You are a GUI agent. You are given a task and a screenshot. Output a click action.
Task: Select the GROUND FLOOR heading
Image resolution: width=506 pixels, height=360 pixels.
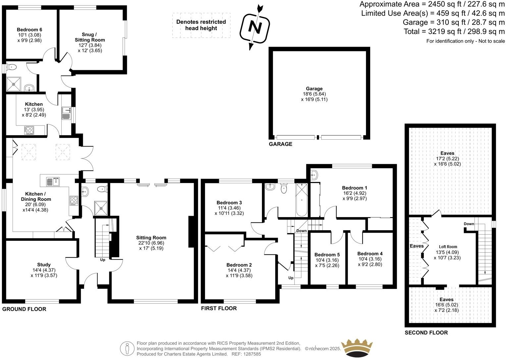click(x=24, y=309)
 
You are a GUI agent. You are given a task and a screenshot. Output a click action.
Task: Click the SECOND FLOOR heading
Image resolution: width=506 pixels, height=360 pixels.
click(x=426, y=333)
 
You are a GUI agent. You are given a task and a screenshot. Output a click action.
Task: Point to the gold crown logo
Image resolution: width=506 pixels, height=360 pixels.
click(x=357, y=347)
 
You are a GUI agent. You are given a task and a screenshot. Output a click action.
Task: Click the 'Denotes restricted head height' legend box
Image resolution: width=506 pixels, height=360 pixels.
click(x=201, y=25)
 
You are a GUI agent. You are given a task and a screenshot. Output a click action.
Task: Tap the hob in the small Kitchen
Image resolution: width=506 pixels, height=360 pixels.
click(x=29, y=130)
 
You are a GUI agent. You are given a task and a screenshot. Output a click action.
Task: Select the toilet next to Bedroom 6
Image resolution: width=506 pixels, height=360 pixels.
click(x=12, y=67)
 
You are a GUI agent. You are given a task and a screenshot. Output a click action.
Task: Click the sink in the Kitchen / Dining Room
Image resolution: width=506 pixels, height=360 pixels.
click(x=53, y=181)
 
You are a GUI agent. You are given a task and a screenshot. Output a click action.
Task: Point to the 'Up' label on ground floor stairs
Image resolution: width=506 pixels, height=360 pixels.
click(x=103, y=260)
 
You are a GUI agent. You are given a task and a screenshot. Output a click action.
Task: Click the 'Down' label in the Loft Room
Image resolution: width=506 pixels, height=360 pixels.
click(x=469, y=224)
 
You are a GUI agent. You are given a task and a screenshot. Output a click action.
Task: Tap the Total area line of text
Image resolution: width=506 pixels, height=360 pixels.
click(x=454, y=32)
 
